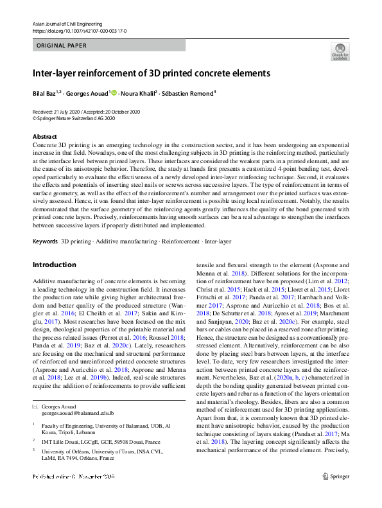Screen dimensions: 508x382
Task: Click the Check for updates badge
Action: click(340, 51)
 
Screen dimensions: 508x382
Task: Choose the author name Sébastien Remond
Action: click(188, 93)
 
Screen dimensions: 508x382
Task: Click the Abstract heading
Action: click(44, 137)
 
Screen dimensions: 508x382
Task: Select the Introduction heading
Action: click(54, 265)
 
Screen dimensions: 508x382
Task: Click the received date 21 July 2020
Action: click(69, 112)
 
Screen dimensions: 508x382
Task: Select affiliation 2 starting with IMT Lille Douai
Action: click(96, 442)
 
